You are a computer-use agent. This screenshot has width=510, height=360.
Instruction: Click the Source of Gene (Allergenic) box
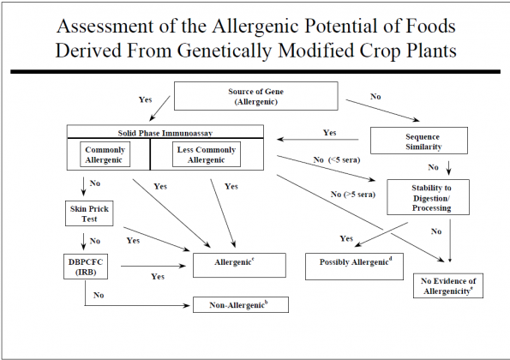pyautogui.click(x=256, y=96)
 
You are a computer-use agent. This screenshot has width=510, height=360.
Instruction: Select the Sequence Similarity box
pyautogui.click(x=419, y=141)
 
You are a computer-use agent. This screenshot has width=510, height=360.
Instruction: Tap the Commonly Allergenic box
pyautogui.click(x=105, y=154)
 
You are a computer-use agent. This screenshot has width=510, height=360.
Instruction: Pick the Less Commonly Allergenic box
pyautogui.click(x=207, y=154)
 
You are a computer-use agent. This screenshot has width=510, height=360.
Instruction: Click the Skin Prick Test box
pyautogui.click(x=89, y=213)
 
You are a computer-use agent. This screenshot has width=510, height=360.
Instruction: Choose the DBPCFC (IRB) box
pyautogui.click(x=86, y=267)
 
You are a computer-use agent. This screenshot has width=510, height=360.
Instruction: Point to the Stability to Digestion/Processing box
pyautogui.click(x=428, y=197)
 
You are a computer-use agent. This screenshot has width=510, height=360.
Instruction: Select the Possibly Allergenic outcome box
pyautogui.click(x=354, y=267)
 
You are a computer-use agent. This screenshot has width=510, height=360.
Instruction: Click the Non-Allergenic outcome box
pyautogui.click(x=241, y=305)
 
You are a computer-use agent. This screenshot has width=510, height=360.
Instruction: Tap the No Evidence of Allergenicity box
pyautogui.click(x=448, y=285)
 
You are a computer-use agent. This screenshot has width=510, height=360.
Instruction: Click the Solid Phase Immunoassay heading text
pyautogui.click(x=165, y=133)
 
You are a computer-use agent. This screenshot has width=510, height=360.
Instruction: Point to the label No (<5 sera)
pyautogui.click(x=337, y=160)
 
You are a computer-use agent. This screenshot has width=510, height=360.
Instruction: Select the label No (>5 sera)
pyautogui.click(x=353, y=195)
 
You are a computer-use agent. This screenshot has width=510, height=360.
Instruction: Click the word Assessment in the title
pyautogui.click(x=105, y=26)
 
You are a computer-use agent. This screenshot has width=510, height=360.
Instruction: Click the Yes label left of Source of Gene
pyautogui.click(x=146, y=99)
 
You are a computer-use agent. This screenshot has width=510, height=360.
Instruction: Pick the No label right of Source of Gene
pyautogui.click(x=375, y=97)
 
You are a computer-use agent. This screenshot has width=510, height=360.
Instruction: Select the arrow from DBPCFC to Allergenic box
pyautogui.click(x=153, y=266)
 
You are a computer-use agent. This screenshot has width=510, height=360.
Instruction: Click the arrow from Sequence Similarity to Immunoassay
pyautogui.click(x=318, y=140)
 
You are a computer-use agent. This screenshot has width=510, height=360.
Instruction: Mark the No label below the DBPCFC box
pyautogui.click(x=99, y=295)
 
